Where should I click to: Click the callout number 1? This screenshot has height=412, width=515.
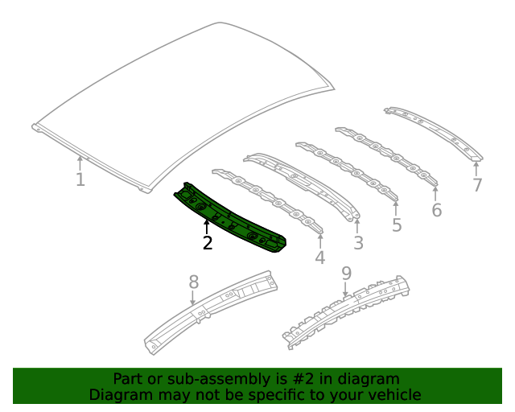tap(80, 179)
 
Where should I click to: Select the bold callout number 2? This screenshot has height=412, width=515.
tap(208, 242)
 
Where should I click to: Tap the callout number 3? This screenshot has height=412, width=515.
tap(358, 242)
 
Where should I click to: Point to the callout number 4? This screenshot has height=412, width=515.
tap(319, 257)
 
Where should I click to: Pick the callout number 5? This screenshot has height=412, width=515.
tap(397, 225)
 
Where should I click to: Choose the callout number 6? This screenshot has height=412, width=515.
tap(436, 210)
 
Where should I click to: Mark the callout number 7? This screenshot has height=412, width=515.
tap(477, 185)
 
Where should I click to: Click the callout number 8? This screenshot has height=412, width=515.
tap(193, 282)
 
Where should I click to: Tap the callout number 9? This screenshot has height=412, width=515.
tap(346, 274)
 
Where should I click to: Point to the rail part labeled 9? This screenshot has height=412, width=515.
tap(346, 314)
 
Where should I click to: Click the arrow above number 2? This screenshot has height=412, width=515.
tap(207, 226)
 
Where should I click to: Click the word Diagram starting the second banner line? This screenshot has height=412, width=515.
tap(117, 394)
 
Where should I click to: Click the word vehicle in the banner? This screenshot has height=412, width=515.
tap(393, 394)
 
